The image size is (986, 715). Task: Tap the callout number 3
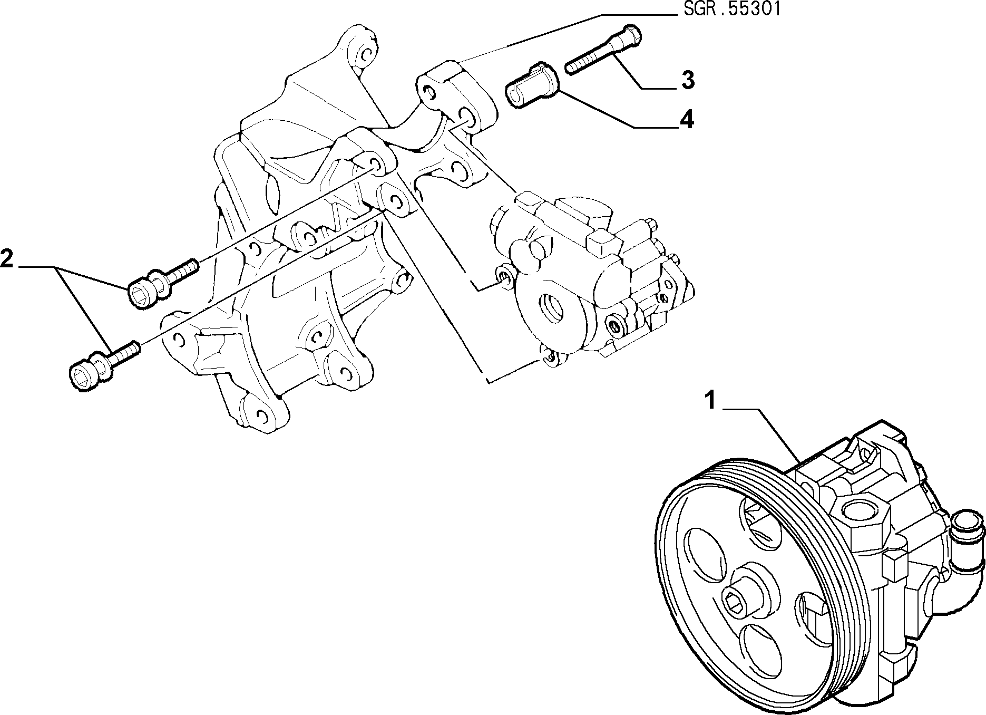pyautogui.click(x=687, y=80)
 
